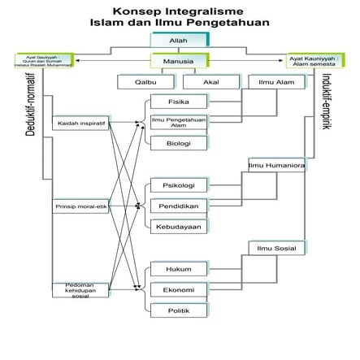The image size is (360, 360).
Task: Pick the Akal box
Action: [x=210, y=81]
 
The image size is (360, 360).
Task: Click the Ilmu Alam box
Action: [x=275, y=81]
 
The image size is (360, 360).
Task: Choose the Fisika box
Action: [x=178, y=102]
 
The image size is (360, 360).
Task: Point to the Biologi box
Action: [x=178, y=143]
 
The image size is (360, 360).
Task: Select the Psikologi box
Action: [x=178, y=184]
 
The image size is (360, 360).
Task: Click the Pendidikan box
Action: [x=178, y=206]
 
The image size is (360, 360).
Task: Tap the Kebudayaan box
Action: [x=178, y=226]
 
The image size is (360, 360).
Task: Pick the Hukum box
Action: [x=178, y=268]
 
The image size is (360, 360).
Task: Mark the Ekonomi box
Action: [x=178, y=288]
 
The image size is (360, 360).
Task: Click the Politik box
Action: [x=178, y=310]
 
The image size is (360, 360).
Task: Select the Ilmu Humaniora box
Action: [x=275, y=165]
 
